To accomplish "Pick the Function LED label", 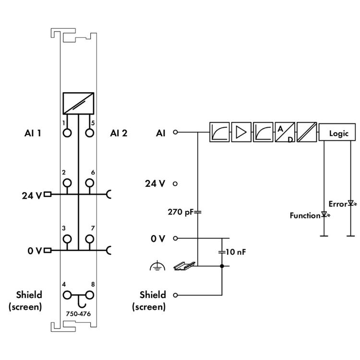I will tap(304, 216).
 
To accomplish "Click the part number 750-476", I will tap(78, 314).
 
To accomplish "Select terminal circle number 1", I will tap(67, 132).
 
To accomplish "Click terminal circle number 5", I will tap(89, 132).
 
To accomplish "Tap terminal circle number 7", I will tap(89, 239).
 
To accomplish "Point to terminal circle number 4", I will tap(67, 295).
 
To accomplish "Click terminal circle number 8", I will tap(89, 295).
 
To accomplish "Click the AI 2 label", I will tap(119, 133).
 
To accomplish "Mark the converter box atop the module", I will tap(78, 103).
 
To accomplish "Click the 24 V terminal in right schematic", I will tap(176, 183).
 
